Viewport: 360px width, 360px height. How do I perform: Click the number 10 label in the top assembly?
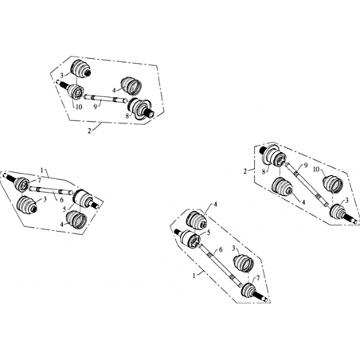coord(79,107)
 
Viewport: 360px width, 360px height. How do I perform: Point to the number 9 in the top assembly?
coord(95,106)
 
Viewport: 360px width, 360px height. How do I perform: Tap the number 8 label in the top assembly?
coord(127,116)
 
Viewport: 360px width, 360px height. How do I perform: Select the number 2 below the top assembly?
coord(89,131)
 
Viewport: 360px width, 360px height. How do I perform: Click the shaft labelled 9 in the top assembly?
coord(106,98)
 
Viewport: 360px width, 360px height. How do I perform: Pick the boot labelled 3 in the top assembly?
coord(80,68)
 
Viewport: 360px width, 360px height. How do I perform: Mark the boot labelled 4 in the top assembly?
coord(131,85)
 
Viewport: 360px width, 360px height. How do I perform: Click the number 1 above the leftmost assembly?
coord(41,170)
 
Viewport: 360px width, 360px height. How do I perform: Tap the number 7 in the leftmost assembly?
coord(39,181)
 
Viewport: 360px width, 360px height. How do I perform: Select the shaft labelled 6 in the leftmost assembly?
coord(51,190)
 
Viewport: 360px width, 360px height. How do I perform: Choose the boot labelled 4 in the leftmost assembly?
coord(76,220)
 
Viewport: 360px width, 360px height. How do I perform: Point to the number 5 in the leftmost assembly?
coord(65,209)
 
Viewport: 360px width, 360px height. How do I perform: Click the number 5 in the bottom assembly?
coord(209,233)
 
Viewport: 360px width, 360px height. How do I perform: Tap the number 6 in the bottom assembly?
coord(221,249)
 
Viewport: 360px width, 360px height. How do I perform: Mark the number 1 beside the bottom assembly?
coord(194,276)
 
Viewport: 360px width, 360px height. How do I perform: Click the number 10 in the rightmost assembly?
coord(316,169)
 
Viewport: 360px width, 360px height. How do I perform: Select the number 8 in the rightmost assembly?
coord(264,172)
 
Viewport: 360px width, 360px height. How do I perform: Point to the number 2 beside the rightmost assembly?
coord(245,171)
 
